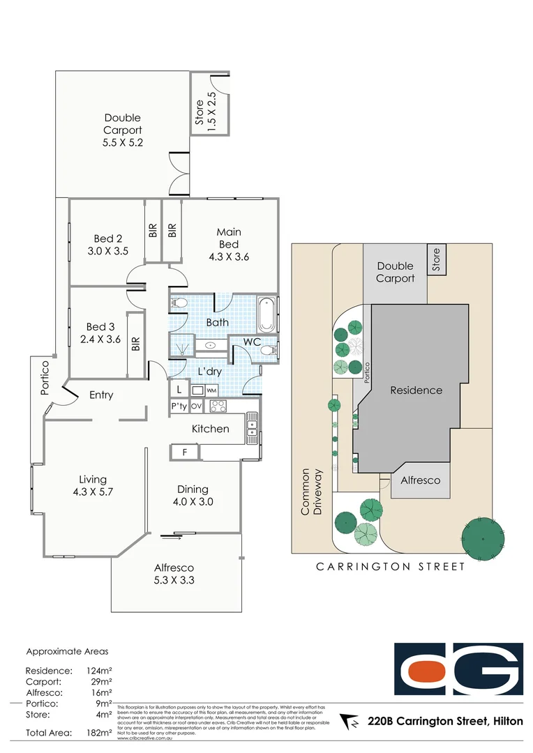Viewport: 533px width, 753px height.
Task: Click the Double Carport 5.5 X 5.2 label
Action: (122, 130)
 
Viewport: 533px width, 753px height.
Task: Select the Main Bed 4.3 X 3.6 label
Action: (228, 244)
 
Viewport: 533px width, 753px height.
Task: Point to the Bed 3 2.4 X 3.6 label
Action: (100, 333)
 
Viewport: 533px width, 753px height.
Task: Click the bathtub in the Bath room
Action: (266, 315)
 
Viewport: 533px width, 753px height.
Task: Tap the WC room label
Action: (252, 342)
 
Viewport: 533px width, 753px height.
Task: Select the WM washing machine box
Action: (211, 390)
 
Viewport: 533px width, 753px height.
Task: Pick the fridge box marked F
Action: (185, 452)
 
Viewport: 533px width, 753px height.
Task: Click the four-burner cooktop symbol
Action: (218, 406)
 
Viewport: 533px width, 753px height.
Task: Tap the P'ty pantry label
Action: (179, 406)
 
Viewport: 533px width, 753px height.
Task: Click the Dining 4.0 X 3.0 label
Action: (192, 495)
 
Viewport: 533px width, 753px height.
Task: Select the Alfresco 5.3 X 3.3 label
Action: (174, 575)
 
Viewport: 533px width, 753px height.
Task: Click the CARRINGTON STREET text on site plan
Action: (391, 567)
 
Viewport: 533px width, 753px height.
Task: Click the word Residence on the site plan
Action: (416, 390)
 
